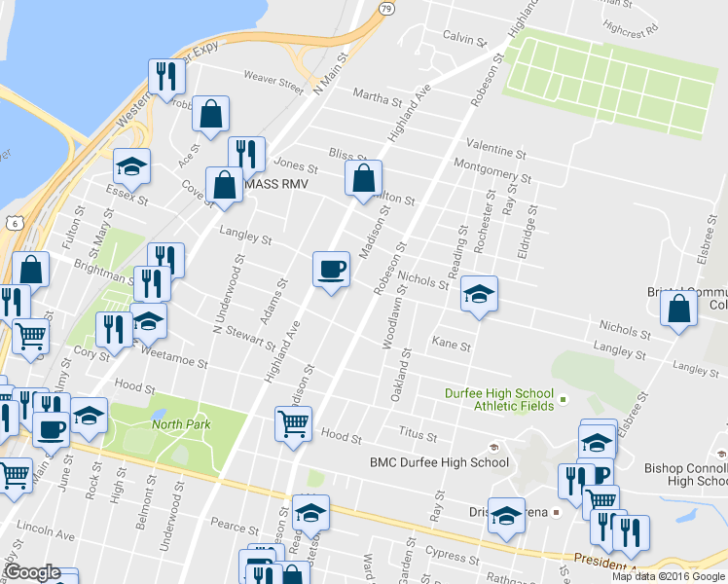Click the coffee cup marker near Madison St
[331, 268]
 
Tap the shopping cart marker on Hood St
[293, 423]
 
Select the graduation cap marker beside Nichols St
[479, 293]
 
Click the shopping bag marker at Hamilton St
[363, 178]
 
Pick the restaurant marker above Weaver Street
[165, 76]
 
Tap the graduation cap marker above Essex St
[131, 166]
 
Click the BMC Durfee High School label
[438, 462]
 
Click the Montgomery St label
[492, 170]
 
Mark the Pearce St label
[235, 527]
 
